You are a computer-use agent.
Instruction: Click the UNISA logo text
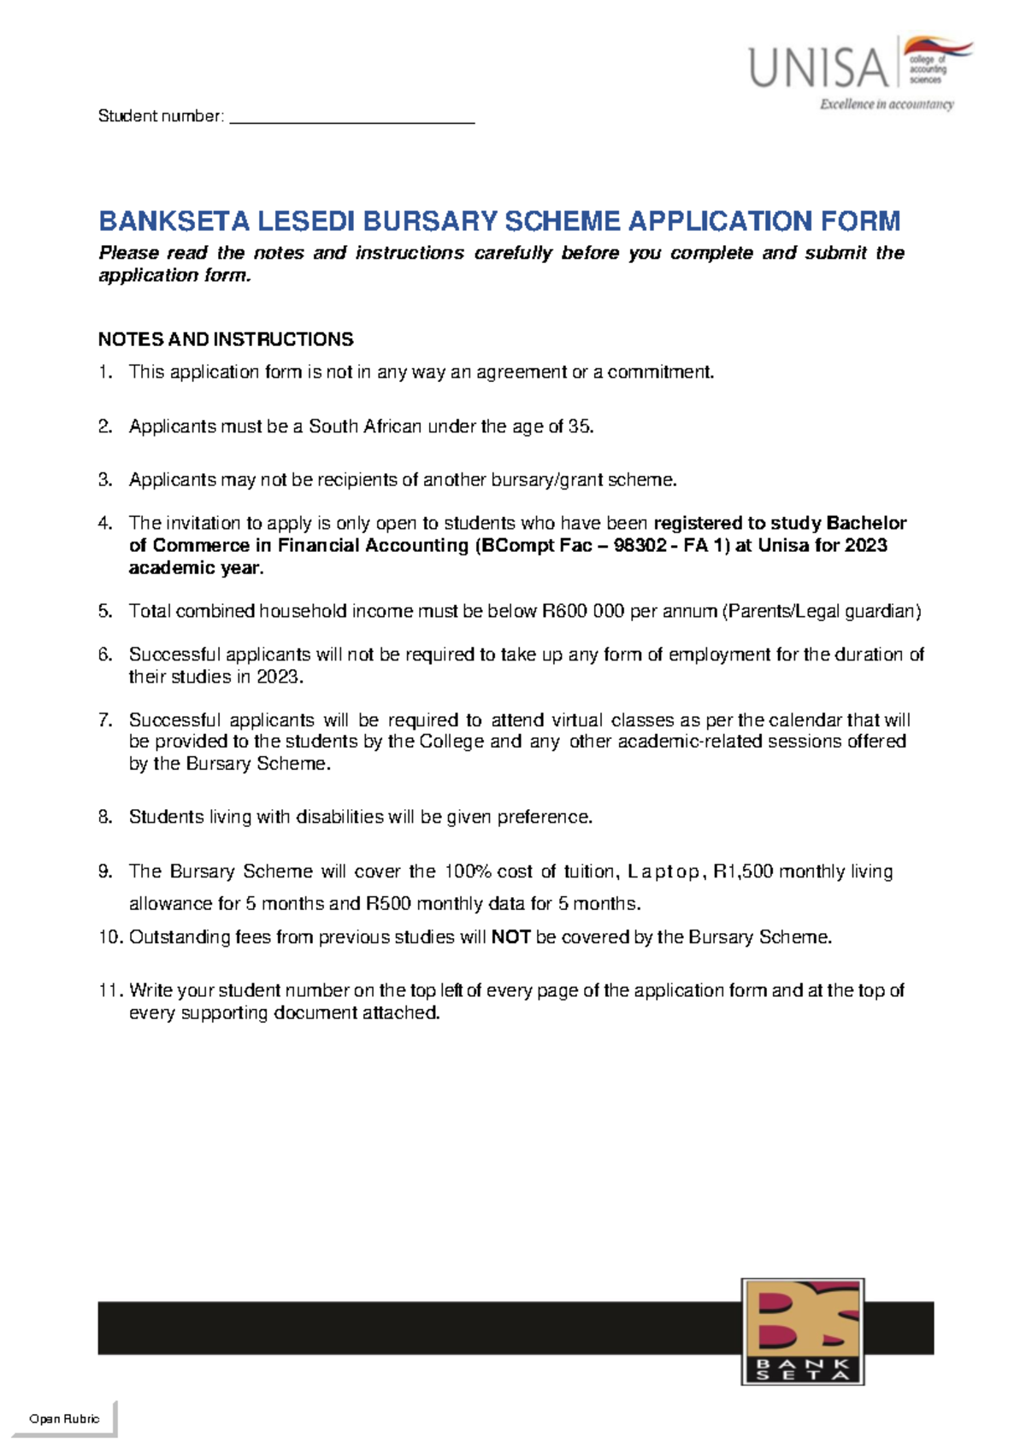click(x=818, y=69)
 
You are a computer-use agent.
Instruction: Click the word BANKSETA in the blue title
click(x=174, y=221)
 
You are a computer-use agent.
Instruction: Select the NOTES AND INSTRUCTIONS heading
click(x=226, y=339)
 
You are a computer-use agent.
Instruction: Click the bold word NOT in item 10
click(x=511, y=937)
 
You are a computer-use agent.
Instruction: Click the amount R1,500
click(x=743, y=871)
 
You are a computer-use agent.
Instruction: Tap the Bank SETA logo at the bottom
click(x=802, y=1331)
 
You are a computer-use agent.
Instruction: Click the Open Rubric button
click(x=64, y=1418)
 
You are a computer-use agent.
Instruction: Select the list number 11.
click(x=109, y=990)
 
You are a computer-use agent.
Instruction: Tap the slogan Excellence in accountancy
click(x=887, y=104)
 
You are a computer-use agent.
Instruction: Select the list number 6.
click(x=105, y=654)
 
